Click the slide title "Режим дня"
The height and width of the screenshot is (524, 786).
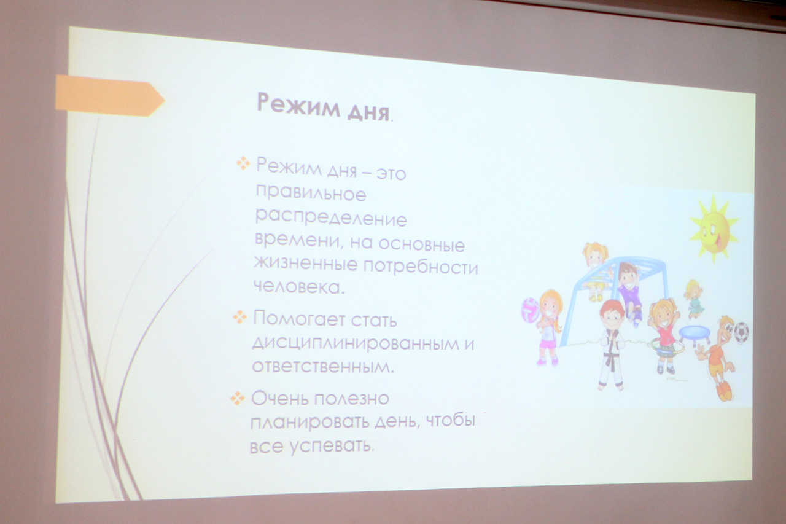[x=323, y=107]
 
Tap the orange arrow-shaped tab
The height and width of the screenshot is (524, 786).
[x=109, y=95]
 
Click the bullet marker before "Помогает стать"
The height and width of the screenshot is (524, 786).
[x=240, y=316]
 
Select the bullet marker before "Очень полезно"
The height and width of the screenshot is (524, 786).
[x=238, y=398]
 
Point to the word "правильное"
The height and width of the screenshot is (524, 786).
[x=311, y=194]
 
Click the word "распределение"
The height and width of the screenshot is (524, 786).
[x=331, y=217]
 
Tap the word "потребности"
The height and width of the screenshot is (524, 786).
[x=421, y=268]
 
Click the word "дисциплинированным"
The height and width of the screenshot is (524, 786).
[x=355, y=343]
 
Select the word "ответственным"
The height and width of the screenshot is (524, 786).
[x=323, y=366]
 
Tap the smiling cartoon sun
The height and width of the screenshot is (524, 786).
[x=714, y=229]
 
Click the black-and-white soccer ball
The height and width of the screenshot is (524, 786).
[x=741, y=332]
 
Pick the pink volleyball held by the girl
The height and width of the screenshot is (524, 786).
[x=530, y=310]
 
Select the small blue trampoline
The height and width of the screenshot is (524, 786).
[x=694, y=333]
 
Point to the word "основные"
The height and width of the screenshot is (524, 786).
[x=422, y=244]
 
